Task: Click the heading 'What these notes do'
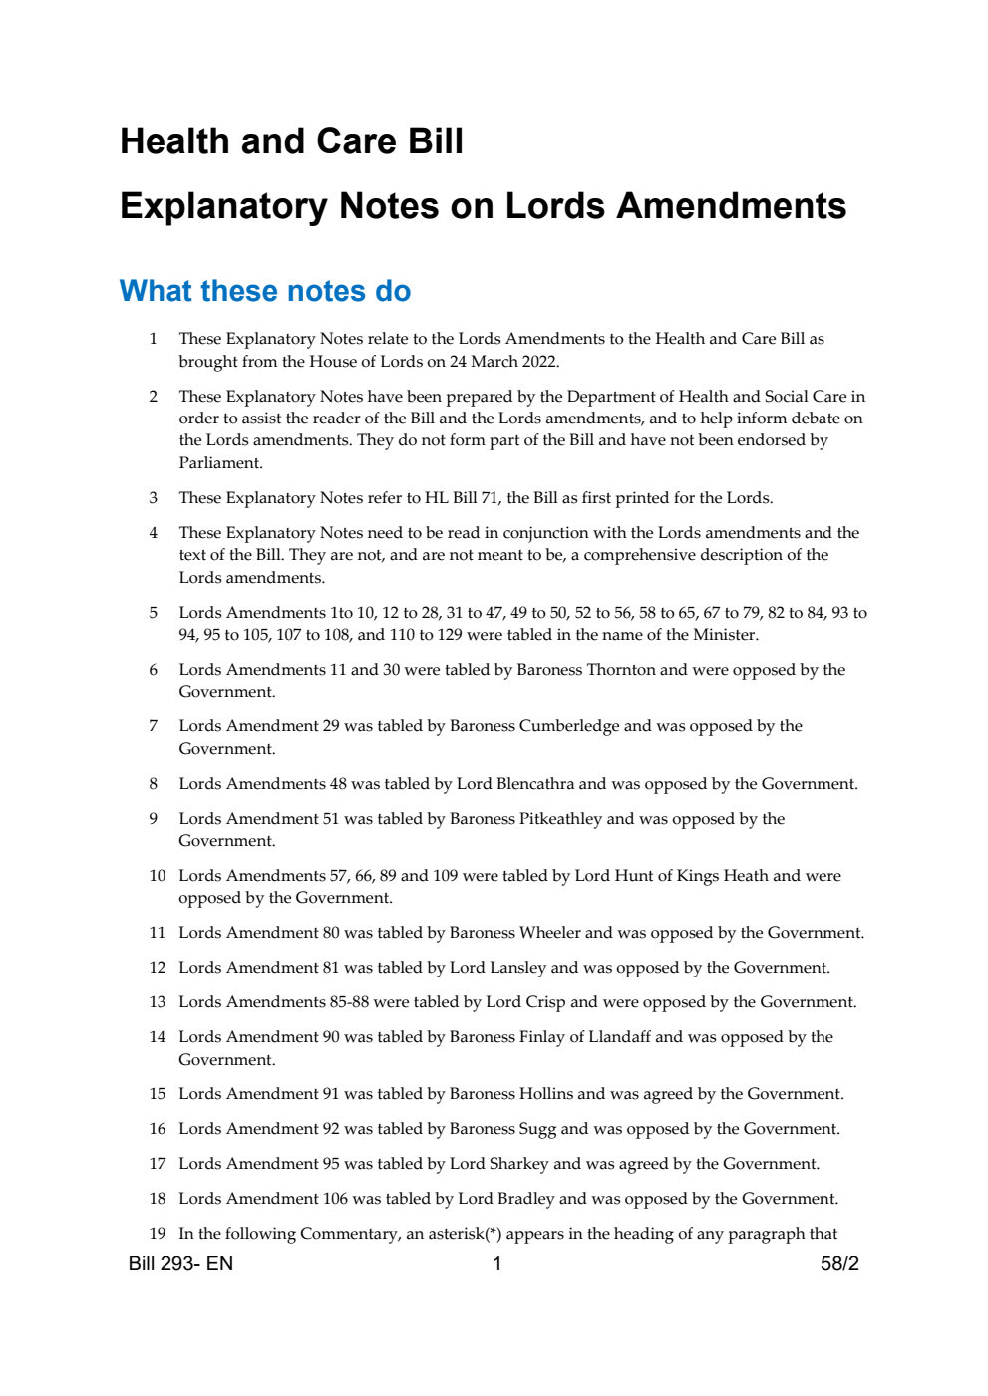[264, 291]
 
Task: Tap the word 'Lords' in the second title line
[554, 206]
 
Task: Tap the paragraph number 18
[157, 1198]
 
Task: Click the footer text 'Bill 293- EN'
[180, 1263]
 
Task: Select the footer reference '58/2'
[839, 1263]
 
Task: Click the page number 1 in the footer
[497, 1263]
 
